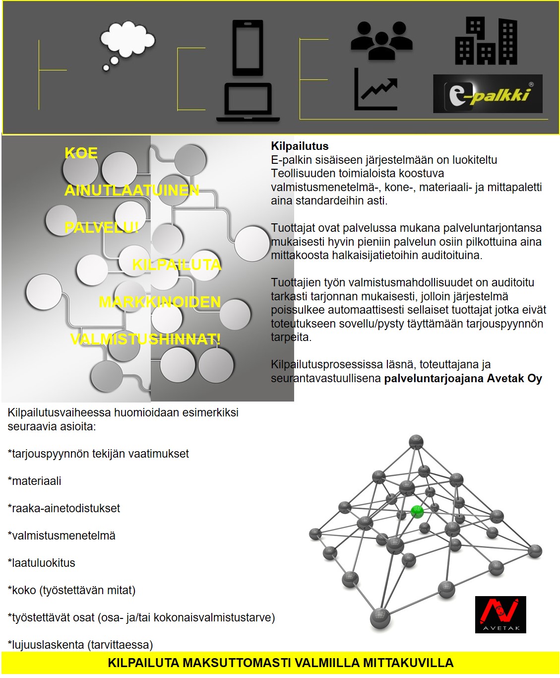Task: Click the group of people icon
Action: click(x=381, y=41)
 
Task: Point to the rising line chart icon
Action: click(x=376, y=90)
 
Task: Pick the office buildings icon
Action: click(x=486, y=42)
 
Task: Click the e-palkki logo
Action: click(x=488, y=94)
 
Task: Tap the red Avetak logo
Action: click(x=500, y=614)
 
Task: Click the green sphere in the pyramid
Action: click(x=417, y=511)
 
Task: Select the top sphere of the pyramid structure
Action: click(x=416, y=442)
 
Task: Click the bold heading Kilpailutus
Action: click(x=300, y=146)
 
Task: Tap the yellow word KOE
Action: click(x=81, y=153)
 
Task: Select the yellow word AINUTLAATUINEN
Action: click(x=132, y=190)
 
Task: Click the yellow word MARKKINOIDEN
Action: click(x=160, y=302)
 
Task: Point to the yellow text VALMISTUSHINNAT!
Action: click(x=145, y=339)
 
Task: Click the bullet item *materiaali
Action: click(x=35, y=481)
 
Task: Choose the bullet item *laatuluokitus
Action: click(x=42, y=563)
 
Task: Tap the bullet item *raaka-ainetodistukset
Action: click(x=64, y=508)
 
